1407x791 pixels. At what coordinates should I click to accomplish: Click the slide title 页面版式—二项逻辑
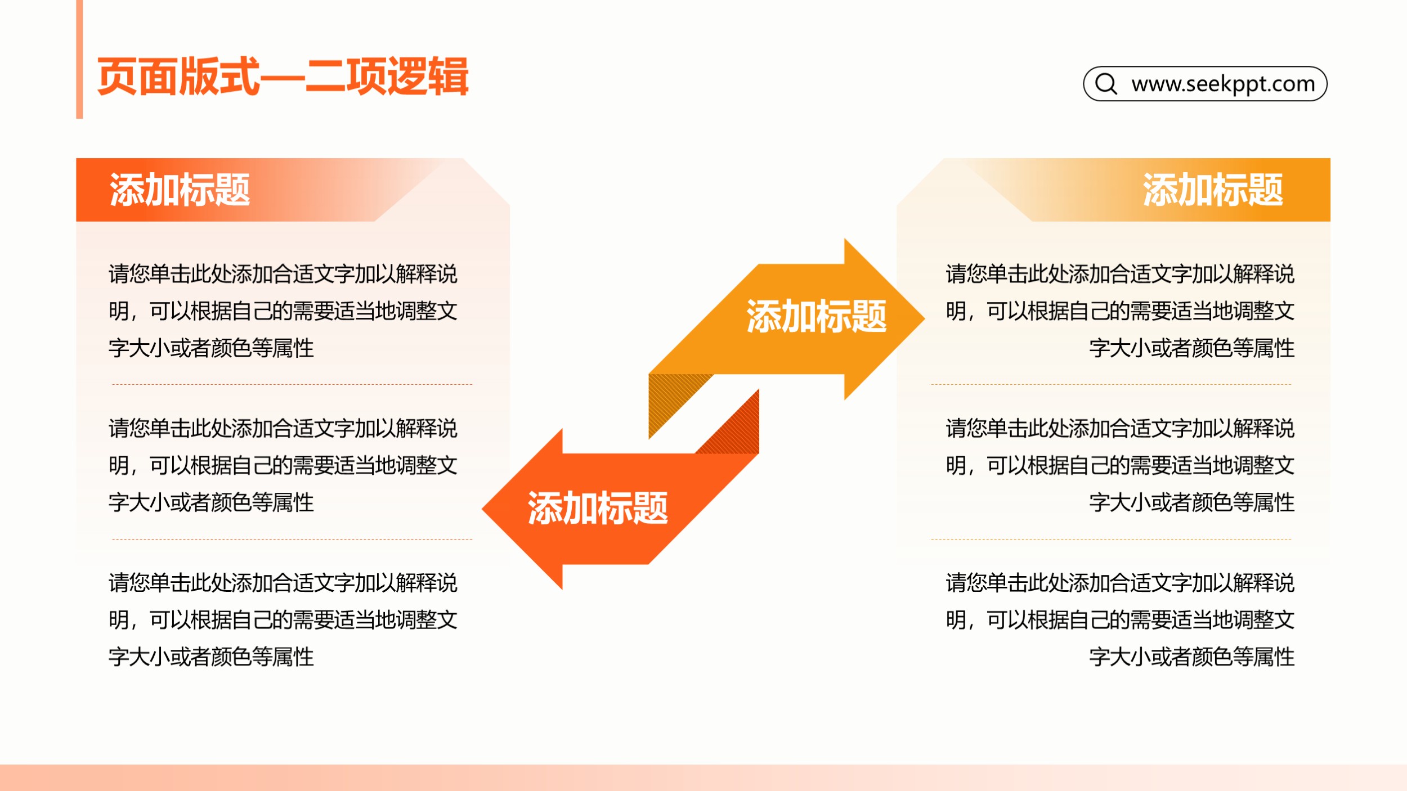tap(283, 77)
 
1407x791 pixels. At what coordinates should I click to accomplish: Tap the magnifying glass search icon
tap(1106, 84)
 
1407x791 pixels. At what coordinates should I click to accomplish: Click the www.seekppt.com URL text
tap(1223, 84)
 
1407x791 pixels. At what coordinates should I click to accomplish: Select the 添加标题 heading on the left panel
tap(180, 190)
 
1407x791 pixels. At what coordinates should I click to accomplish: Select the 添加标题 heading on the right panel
tap(1213, 190)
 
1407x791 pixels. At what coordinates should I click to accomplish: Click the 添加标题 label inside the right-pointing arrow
tap(817, 317)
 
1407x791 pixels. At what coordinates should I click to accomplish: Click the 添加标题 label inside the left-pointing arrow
tap(598, 508)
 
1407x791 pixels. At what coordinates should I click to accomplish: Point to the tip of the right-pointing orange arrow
tap(924, 318)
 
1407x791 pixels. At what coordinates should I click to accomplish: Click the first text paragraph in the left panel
tap(283, 311)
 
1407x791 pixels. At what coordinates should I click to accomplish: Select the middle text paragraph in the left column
tap(283, 465)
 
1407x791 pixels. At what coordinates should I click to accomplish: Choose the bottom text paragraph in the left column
tap(283, 619)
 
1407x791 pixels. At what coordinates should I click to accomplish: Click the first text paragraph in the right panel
tap(1120, 311)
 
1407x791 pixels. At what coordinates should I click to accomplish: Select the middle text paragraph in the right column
tap(1120, 465)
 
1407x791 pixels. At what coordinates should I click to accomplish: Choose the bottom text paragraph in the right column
tap(1120, 619)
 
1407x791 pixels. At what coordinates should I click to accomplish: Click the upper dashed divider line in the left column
tap(292, 385)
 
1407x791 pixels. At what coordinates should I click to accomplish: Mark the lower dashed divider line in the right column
tap(1111, 539)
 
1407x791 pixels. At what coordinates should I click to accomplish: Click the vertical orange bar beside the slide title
tap(79, 59)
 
